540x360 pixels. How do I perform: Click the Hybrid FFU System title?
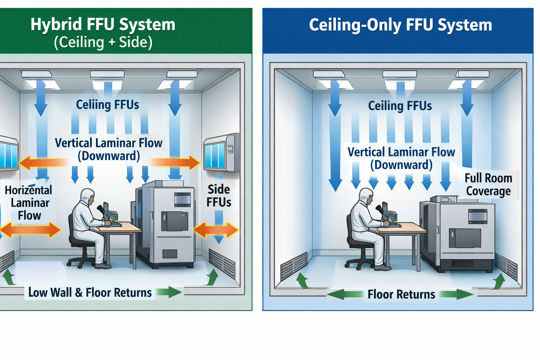(103, 25)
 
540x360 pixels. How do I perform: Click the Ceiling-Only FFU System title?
(400, 25)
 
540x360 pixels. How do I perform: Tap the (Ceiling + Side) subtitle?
(103, 42)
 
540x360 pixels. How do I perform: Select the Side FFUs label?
(219, 196)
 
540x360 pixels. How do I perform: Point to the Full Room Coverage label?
(488, 185)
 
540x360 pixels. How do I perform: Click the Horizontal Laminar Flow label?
(29, 203)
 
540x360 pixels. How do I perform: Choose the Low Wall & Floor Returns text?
(90, 292)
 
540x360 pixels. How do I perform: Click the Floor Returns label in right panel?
(401, 294)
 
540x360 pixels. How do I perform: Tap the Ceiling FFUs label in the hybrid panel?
(108, 105)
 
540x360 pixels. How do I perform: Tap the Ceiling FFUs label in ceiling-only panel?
(400, 106)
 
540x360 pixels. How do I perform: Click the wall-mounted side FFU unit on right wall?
(221, 153)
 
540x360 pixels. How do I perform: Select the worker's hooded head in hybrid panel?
(88, 197)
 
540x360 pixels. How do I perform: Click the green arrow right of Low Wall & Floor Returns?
(169, 292)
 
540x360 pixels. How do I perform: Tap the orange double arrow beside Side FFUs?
(216, 230)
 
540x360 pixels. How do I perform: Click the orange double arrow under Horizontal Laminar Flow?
(30, 230)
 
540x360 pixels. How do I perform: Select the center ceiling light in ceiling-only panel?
(400, 74)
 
